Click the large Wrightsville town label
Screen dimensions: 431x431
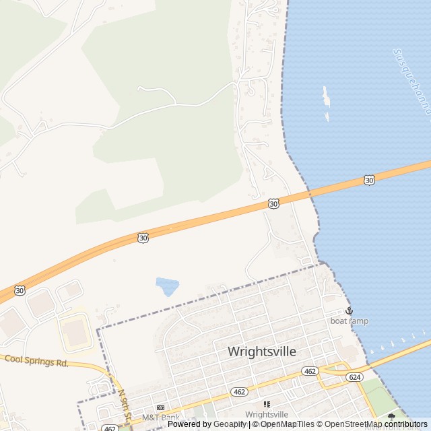point(262,352)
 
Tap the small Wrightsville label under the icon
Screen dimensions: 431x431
point(267,414)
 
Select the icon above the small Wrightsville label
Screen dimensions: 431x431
point(267,404)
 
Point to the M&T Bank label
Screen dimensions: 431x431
point(160,418)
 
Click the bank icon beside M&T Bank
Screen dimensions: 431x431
point(160,408)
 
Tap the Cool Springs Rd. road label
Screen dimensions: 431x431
point(37,362)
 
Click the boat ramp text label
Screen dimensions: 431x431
point(349,321)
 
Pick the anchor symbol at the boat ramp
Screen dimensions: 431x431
point(349,310)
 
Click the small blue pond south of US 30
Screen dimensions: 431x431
point(167,286)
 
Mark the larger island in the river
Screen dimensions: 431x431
point(327,96)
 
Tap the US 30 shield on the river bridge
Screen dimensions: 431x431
point(368,180)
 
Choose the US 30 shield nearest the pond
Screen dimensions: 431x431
point(143,238)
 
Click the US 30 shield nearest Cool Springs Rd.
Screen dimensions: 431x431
point(20,290)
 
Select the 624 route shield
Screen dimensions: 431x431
point(354,377)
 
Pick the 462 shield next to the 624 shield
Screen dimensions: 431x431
point(310,371)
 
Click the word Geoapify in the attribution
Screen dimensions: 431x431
point(230,424)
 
